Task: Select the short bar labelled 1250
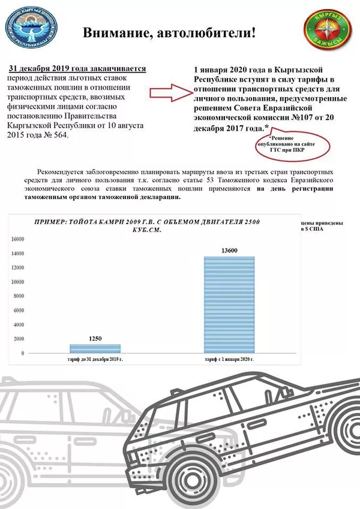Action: [x=95, y=348]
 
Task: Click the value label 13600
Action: [x=229, y=249]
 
